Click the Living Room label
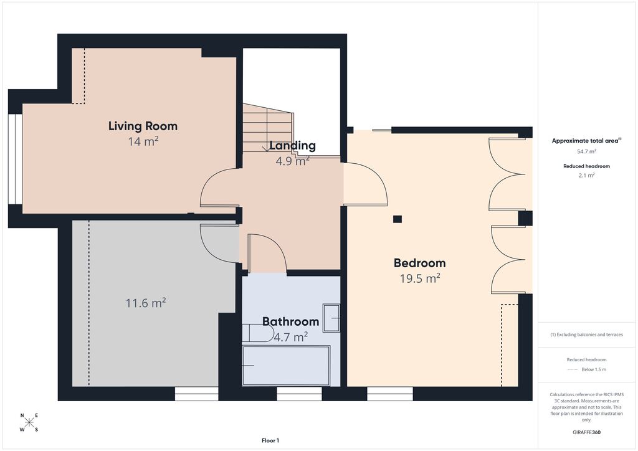point(143,126)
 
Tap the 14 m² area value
point(143,142)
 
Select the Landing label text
point(292,146)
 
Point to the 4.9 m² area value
point(292,161)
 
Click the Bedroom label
point(419,262)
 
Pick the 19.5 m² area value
point(419,278)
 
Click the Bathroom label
point(290,321)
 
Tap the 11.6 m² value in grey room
point(146,303)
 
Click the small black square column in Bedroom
point(398,219)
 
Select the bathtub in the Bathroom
point(285,366)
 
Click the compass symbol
point(29,422)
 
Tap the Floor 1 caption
point(270,440)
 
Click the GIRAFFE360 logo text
point(587,432)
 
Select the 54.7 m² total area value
point(586,151)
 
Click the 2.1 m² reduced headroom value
point(586,176)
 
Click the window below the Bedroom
point(389,394)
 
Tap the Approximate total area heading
point(585,141)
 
